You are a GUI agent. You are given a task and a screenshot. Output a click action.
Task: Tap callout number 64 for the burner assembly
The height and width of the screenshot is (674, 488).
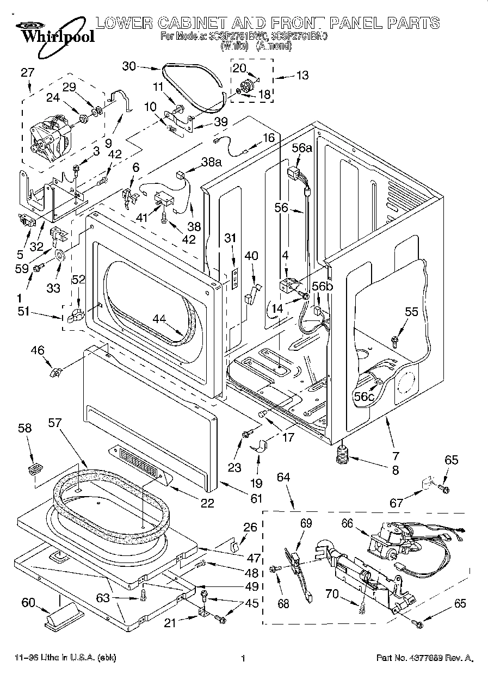(x=283, y=478)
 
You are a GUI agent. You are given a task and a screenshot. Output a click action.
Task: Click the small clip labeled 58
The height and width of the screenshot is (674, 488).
(x=35, y=468)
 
